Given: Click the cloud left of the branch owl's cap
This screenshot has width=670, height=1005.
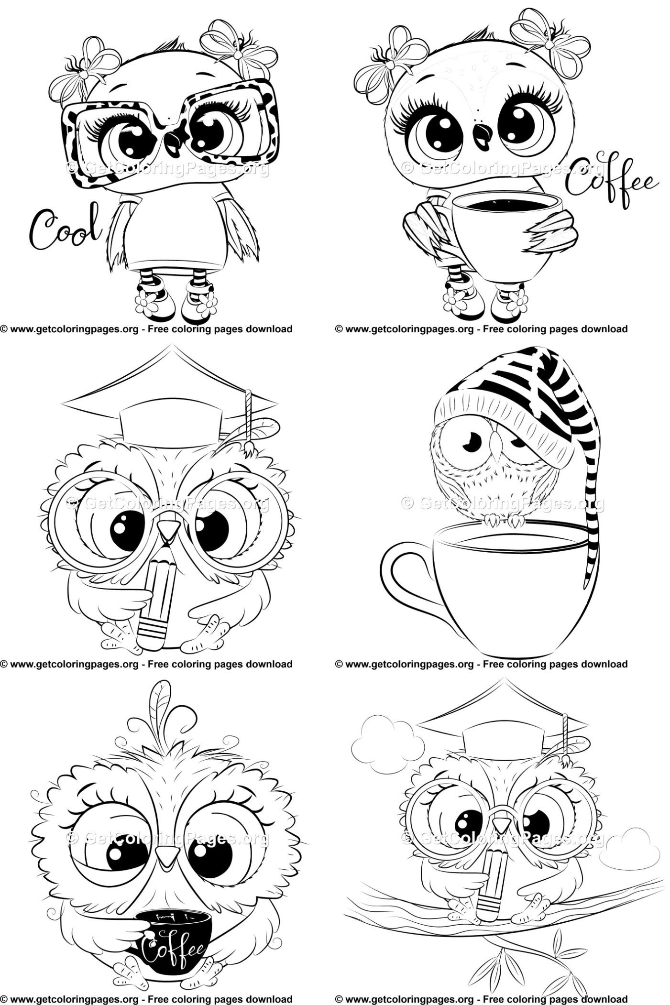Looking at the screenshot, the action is point(387,741).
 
